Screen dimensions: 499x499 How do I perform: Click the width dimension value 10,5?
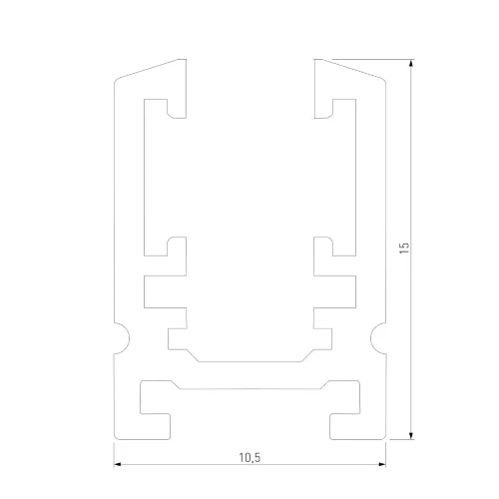[x=249, y=457]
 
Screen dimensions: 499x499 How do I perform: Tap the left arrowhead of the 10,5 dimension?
[x=119, y=465]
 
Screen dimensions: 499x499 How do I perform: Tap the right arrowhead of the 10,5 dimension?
[x=381, y=465]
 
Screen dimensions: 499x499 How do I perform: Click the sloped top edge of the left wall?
[x=150, y=69]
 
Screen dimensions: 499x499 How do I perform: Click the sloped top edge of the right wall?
[x=349, y=69]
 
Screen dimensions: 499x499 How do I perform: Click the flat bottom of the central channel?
[x=249, y=360]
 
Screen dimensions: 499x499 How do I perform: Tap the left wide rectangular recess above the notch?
[x=160, y=291]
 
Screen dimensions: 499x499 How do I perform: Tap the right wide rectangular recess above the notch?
[x=339, y=291]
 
